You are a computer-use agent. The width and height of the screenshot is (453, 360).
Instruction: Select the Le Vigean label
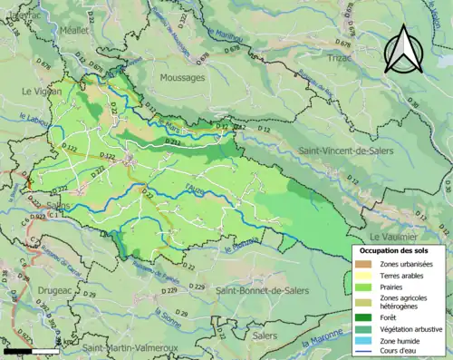[x=40, y=92]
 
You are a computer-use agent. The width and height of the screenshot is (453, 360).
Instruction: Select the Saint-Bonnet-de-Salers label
[x=260, y=289]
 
